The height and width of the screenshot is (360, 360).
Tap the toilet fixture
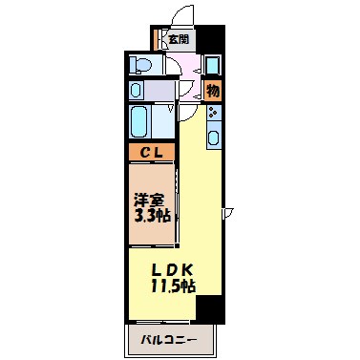[141, 66]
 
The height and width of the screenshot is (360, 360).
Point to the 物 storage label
[213, 92]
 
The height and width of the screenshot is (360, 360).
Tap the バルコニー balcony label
[169, 338]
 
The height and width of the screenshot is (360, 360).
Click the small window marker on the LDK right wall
[227, 212]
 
